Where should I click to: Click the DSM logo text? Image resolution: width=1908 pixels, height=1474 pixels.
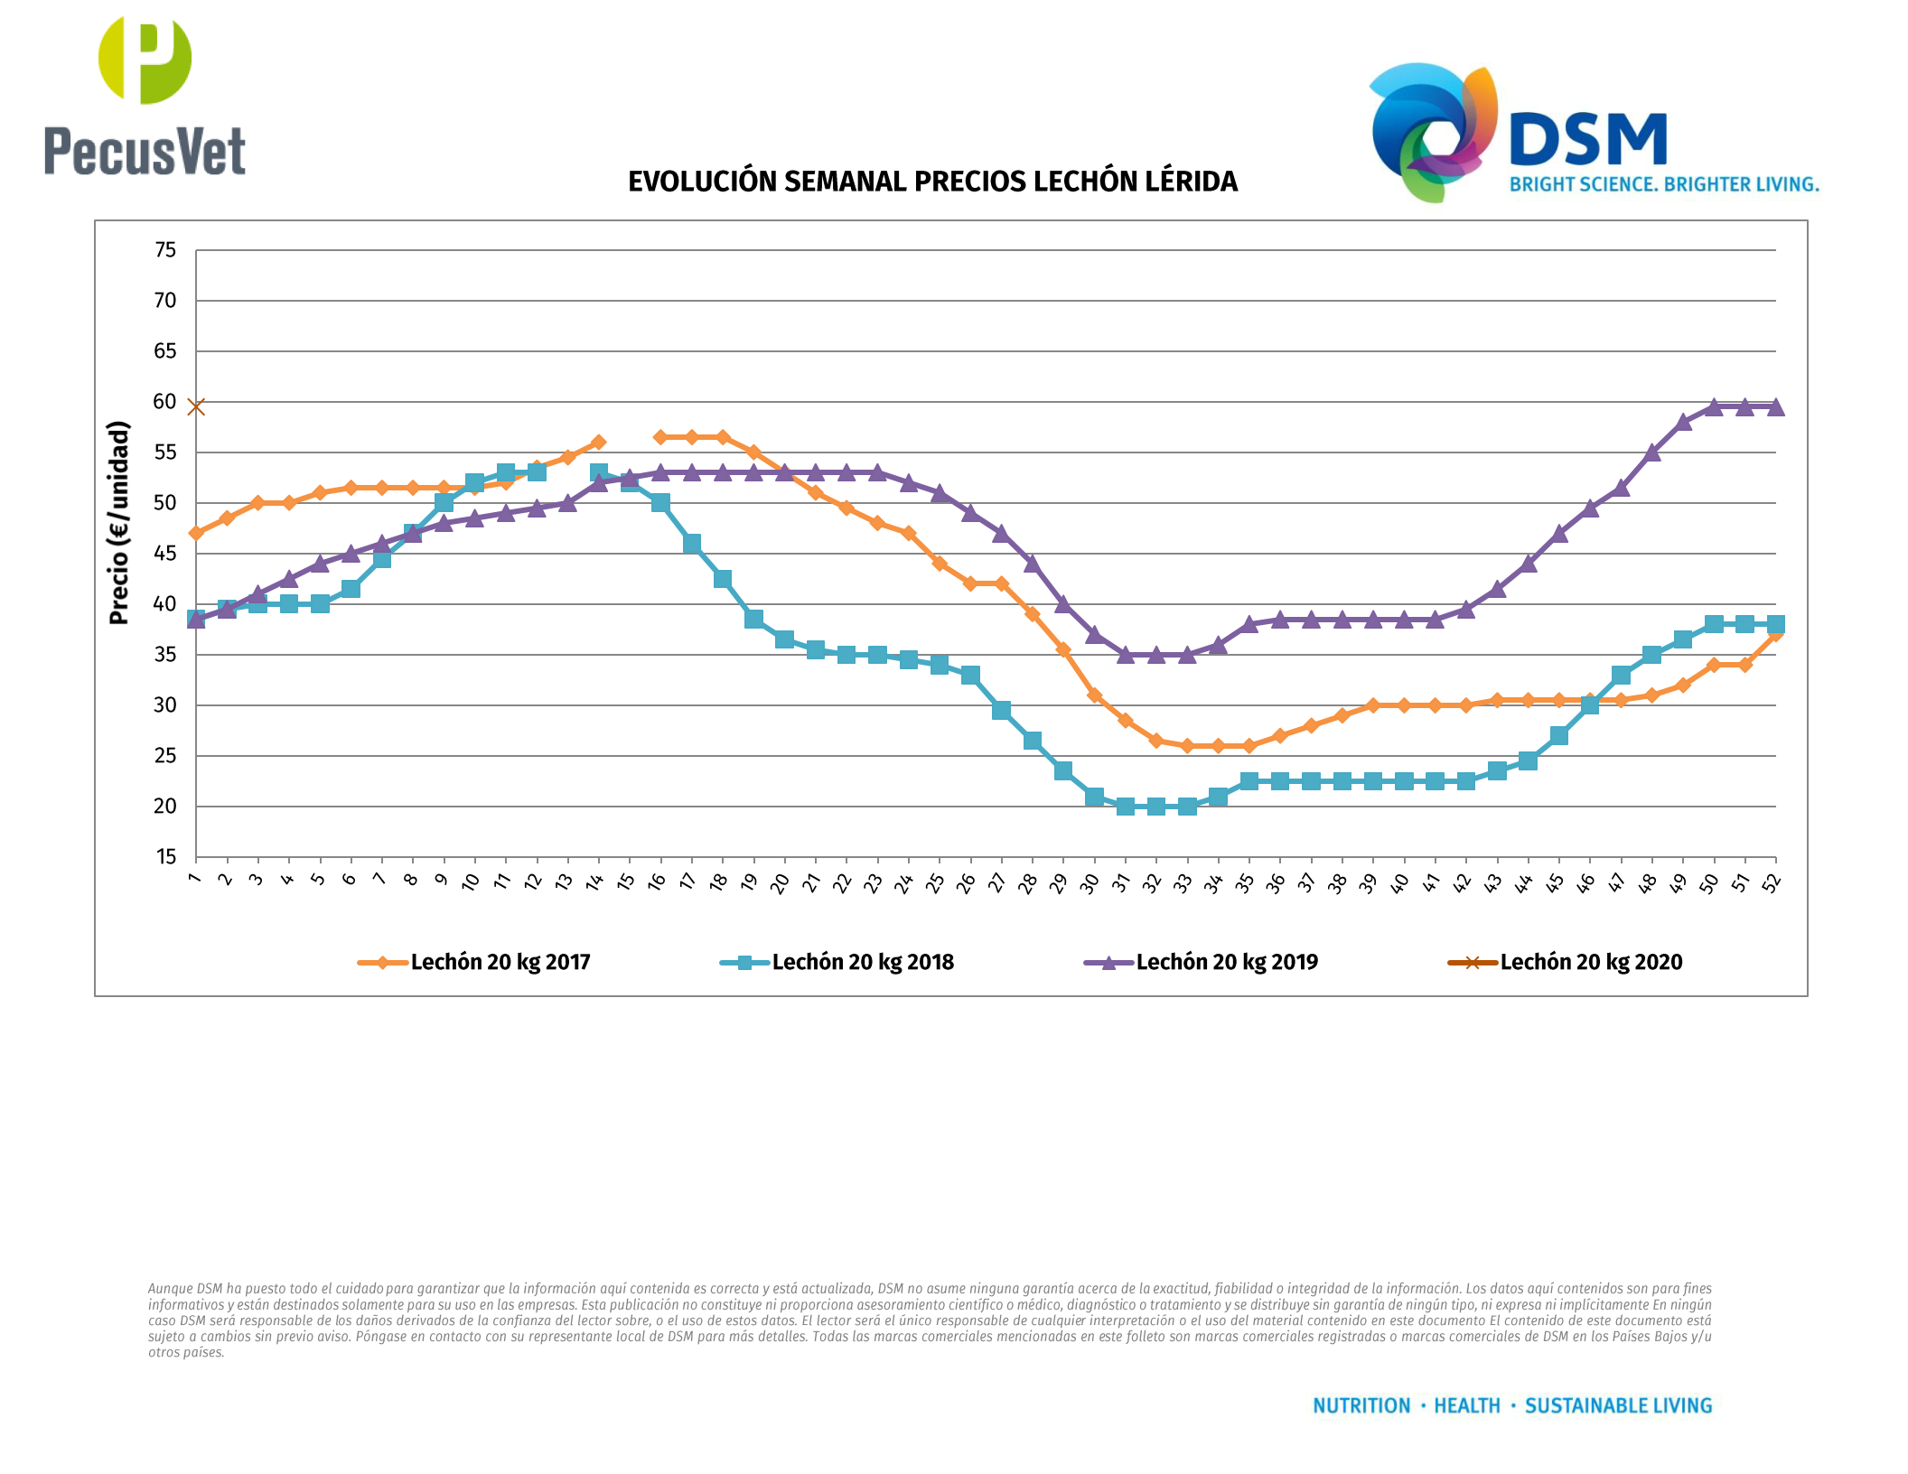1588,140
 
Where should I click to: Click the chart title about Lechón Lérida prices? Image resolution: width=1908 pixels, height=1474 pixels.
932,182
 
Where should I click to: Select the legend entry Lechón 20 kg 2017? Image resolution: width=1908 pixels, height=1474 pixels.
500,962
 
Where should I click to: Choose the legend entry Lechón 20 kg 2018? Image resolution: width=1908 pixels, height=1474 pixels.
862,962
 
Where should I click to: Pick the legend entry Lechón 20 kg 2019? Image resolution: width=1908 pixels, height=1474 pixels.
1226,962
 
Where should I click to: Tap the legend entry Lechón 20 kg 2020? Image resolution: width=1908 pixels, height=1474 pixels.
1590,962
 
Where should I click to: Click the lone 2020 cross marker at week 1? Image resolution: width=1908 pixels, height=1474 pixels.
196,407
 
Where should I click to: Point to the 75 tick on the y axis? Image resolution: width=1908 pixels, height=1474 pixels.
165,250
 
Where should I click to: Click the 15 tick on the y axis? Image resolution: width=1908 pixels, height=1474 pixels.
165,856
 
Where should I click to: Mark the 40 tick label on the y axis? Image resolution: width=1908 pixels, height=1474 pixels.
165,603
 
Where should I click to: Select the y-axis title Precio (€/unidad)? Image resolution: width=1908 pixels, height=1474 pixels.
118,522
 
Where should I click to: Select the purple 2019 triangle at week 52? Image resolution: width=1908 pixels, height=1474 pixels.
1775,407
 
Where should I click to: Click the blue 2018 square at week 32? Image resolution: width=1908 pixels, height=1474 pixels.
1156,806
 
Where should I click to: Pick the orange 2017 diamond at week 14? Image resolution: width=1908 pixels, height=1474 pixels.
598,443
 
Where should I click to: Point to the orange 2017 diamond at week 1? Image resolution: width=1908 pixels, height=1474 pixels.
196,533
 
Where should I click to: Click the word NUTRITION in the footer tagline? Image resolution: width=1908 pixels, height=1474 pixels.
1361,1405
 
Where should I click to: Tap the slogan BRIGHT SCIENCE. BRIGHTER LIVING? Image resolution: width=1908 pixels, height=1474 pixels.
1664,184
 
